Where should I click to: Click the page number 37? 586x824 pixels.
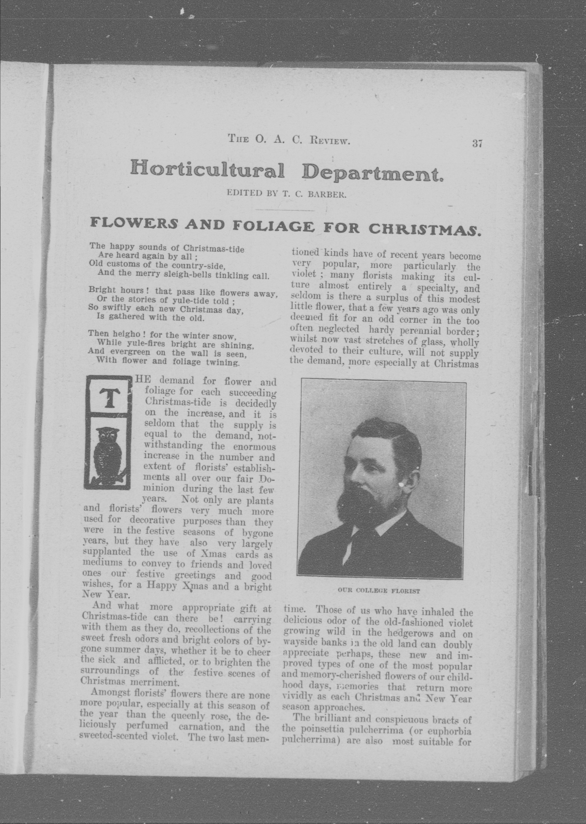477,143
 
